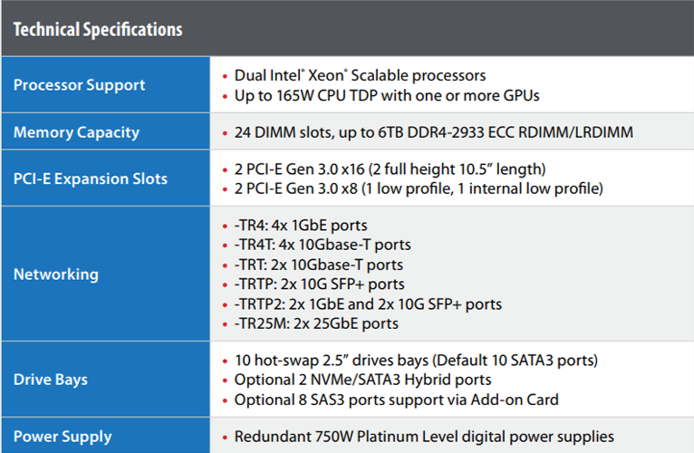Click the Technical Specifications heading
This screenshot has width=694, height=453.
[98, 29]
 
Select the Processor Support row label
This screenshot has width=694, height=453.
[79, 85]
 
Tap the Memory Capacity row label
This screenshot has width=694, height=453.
[76, 132]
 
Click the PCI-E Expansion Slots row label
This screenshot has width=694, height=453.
[90, 178]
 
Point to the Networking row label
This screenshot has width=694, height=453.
[56, 274]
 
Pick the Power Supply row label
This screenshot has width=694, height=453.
[62, 436]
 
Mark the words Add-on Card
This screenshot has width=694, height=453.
[520, 399]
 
